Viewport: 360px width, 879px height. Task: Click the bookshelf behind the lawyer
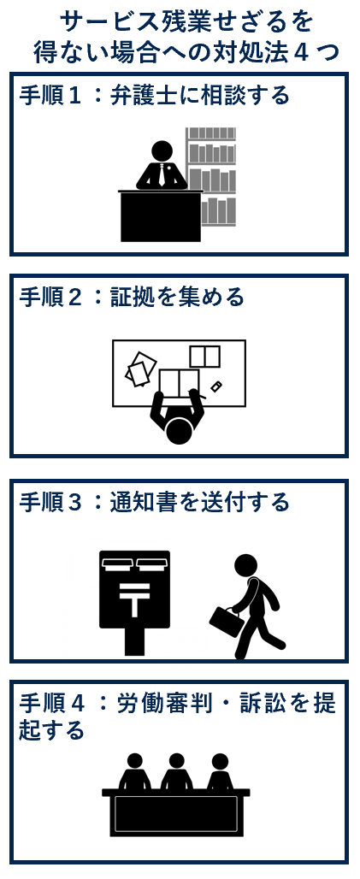pyautogui.click(x=211, y=177)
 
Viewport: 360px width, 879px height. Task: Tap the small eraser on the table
pyautogui.click(x=216, y=386)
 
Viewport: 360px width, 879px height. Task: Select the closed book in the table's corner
pyautogui.click(x=204, y=357)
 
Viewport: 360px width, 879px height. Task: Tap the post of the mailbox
pyautogui.click(x=134, y=641)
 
